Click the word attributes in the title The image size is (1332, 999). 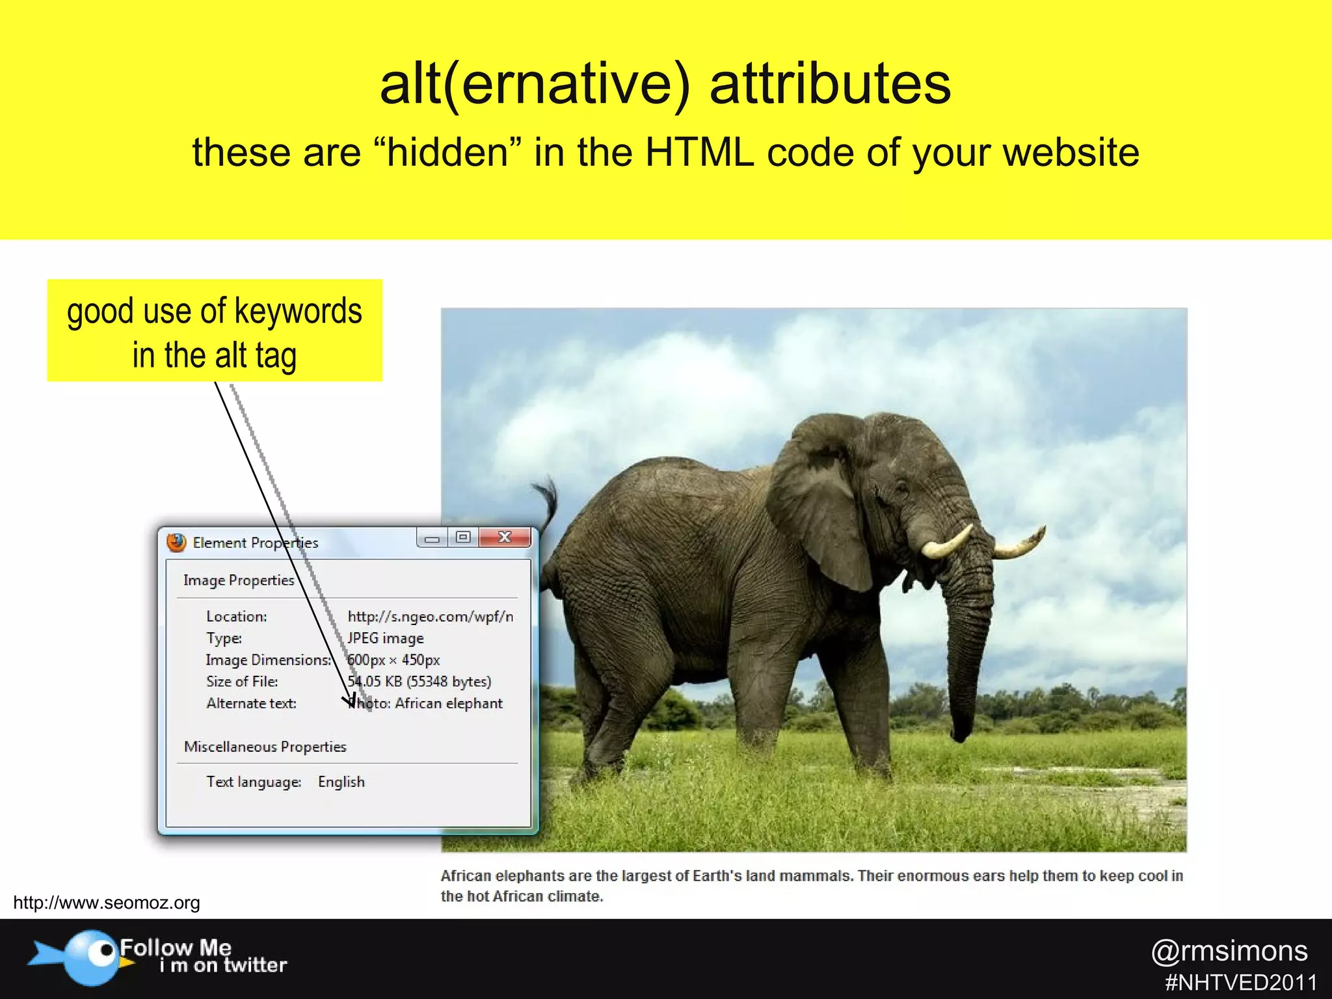[830, 85]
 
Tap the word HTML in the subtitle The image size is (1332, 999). [700, 152]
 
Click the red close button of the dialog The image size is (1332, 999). [505, 537]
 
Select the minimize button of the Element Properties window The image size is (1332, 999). [432, 538]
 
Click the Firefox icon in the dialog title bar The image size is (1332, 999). [176, 542]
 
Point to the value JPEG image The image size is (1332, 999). [386, 638]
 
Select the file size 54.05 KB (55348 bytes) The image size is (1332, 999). [420, 682]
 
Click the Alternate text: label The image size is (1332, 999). [251, 703]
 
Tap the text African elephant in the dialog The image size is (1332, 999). [449, 703]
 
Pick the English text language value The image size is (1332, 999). [341, 782]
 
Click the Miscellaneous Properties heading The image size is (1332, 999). [265, 747]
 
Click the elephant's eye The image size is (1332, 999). [901, 487]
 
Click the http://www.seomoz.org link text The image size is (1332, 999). [107, 903]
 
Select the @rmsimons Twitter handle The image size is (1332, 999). [1229, 951]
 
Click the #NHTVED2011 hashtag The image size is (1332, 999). [1241, 982]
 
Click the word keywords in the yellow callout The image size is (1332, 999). [298, 311]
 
